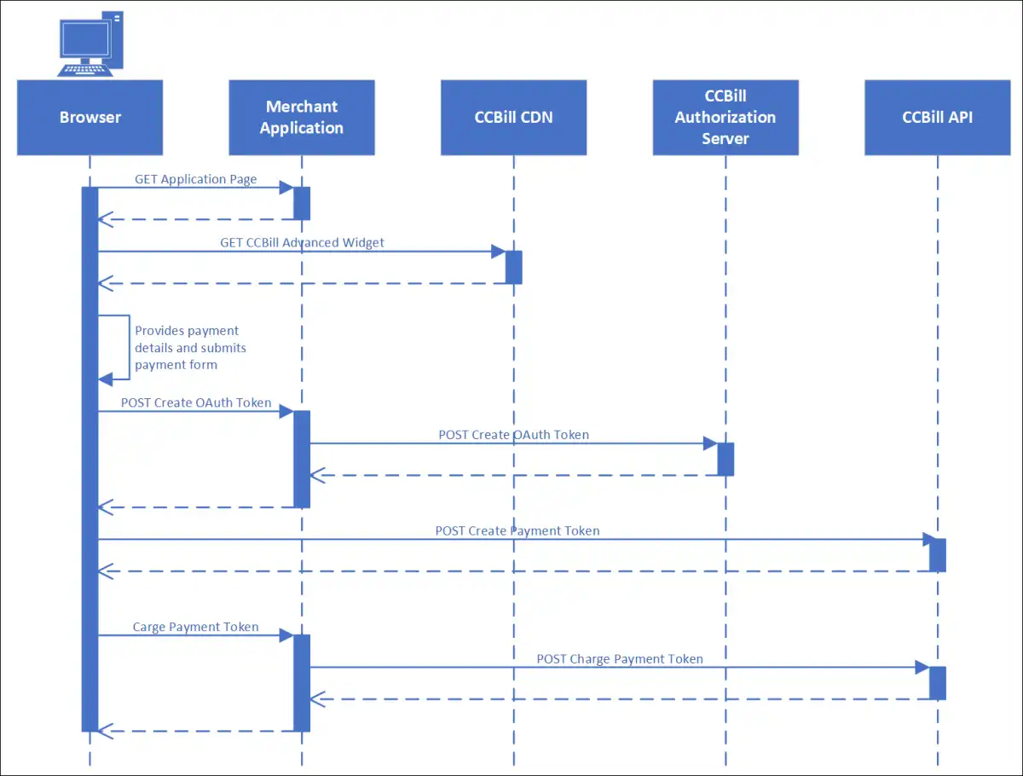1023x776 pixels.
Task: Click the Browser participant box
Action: click(90, 118)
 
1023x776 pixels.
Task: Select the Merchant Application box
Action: click(302, 118)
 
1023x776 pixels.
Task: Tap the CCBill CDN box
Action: click(513, 118)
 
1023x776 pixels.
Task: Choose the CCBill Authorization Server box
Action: click(725, 118)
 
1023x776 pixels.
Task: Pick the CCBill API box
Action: click(938, 118)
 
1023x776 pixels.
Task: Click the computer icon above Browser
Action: click(90, 43)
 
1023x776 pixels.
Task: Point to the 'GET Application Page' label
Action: click(196, 179)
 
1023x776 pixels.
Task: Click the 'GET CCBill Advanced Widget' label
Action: click(302, 242)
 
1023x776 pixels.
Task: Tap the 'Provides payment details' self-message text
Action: click(190, 348)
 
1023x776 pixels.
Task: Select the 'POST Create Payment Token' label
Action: click(517, 531)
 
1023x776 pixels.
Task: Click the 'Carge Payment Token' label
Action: click(196, 627)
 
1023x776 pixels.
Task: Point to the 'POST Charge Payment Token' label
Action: click(620, 659)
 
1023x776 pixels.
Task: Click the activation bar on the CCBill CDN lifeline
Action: click(513, 268)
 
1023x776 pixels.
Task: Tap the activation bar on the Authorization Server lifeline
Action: click(725, 460)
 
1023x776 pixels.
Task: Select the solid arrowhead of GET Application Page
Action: click(286, 188)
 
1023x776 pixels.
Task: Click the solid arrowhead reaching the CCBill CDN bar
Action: click(499, 252)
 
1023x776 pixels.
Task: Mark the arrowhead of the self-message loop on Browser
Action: click(106, 379)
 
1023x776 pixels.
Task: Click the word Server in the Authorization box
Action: click(725, 139)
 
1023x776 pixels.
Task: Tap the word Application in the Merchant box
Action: click(302, 128)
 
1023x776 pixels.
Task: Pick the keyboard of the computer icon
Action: click(84, 71)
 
